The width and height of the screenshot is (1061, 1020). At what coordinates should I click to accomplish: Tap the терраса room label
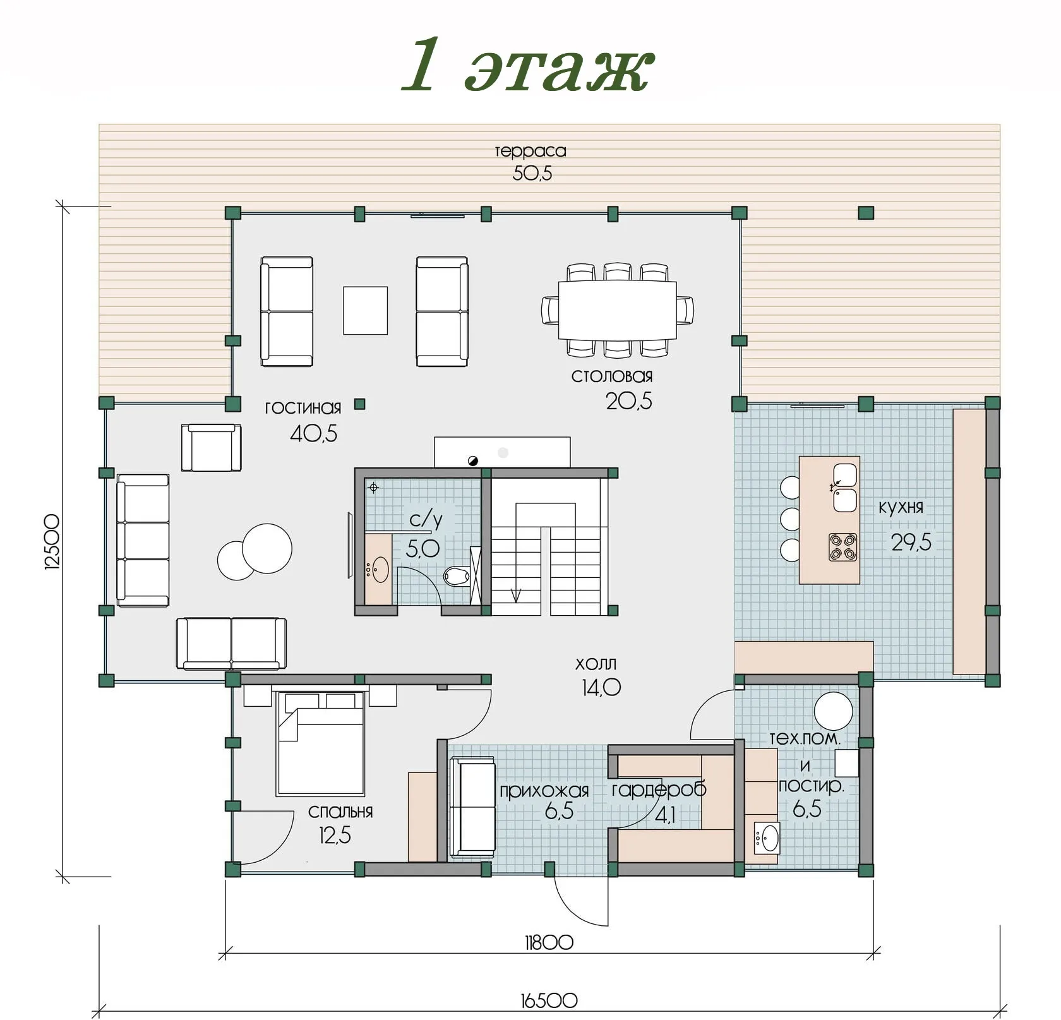point(530,151)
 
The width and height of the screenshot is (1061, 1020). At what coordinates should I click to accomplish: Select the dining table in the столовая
point(617,310)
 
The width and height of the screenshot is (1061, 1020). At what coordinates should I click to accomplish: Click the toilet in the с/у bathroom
point(456,575)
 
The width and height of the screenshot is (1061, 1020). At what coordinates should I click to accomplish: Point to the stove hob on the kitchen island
point(842,547)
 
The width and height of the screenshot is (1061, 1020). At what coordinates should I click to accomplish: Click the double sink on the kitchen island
point(845,488)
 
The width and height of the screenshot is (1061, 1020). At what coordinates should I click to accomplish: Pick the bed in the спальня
point(321,743)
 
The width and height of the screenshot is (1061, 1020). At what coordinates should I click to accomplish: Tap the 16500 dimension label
point(549,1000)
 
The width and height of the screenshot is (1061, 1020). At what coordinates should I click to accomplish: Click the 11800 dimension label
point(549,942)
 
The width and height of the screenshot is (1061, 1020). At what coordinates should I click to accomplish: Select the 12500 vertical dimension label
point(52,542)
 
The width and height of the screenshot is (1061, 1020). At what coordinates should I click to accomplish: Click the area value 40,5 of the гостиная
point(313,433)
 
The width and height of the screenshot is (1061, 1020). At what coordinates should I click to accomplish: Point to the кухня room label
point(901,507)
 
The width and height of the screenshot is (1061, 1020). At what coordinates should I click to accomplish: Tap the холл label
point(596,664)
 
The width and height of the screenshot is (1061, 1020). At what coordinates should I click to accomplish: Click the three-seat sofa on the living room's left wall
point(143,540)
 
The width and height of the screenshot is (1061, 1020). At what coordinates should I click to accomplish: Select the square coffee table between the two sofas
point(365,310)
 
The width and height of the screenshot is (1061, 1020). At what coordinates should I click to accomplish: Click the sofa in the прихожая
point(472,807)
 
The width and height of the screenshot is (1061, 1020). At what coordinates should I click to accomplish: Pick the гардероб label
point(659,789)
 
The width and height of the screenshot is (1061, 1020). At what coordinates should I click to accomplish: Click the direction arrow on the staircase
point(516,594)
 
